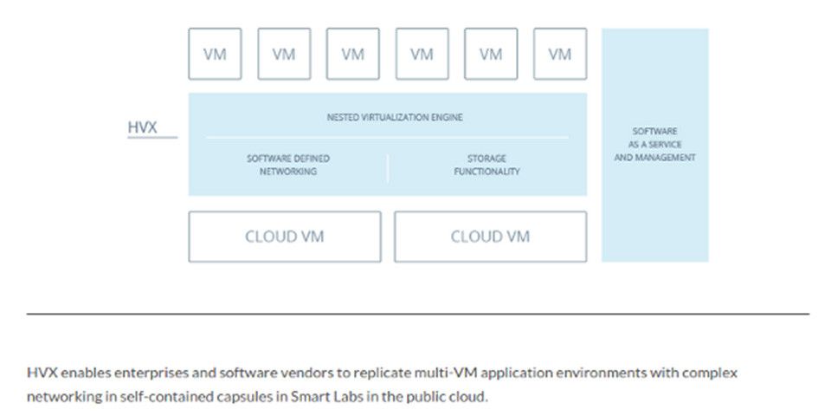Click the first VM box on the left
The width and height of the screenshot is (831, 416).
pos(215,54)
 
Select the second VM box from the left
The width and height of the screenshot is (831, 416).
pos(284,54)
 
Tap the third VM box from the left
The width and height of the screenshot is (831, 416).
pos(353,54)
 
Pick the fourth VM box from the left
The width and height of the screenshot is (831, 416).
pos(422,54)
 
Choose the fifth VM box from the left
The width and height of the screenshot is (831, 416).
pos(491,54)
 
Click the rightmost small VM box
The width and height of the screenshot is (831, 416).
pos(560,54)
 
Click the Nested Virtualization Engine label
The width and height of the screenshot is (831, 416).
pos(395,117)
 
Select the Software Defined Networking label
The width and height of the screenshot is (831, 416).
pos(288,165)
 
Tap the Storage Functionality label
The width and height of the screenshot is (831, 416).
pos(486,165)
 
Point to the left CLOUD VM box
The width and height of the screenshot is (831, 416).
pos(284,237)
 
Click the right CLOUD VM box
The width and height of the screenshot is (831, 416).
pos(490,237)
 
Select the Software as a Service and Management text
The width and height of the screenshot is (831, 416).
pos(654,144)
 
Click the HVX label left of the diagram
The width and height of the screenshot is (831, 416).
pos(143,128)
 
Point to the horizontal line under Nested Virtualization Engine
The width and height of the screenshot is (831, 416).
pos(387,137)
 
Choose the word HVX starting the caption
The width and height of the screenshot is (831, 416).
pos(41,372)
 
